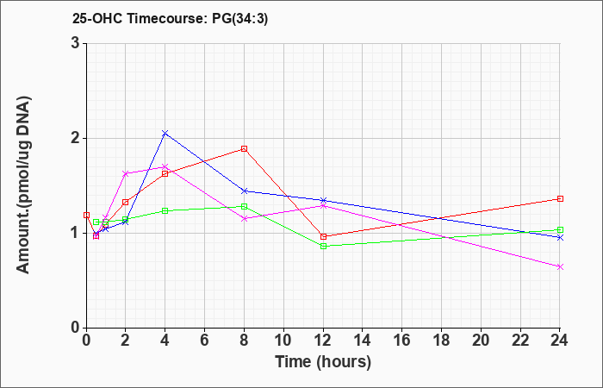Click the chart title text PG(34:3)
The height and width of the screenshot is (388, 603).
click(239, 19)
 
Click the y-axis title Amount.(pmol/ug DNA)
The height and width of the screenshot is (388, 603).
click(23, 185)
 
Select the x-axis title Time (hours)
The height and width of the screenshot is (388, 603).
click(323, 362)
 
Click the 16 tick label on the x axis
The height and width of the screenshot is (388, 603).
click(402, 340)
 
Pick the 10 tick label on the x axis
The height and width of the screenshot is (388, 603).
click(283, 340)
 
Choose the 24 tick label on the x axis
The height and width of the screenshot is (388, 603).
click(560, 340)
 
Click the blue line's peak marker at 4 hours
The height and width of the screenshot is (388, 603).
click(165, 133)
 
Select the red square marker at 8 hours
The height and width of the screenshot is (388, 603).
click(244, 148)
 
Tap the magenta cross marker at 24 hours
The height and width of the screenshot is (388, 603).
click(560, 266)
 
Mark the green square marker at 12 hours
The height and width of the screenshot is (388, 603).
click(323, 246)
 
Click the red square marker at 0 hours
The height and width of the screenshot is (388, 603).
click(86, 216)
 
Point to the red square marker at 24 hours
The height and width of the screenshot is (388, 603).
click(560, 198)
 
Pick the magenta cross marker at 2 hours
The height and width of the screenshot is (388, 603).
click(126, 173)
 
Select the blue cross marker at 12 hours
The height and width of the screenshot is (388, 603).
click(323, 200)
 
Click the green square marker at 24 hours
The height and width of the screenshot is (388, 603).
click(560, 230)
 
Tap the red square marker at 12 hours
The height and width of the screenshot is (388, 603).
click(323, 236)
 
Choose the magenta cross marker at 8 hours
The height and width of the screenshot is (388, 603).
click(244, 219)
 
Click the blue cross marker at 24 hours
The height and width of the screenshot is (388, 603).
click(560, 237)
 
